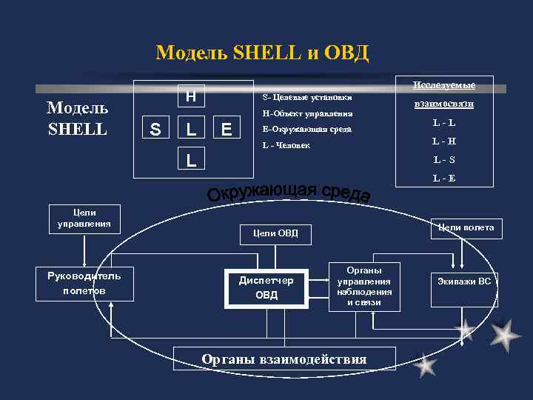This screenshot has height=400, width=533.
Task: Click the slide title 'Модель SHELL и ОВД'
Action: [x=262, y=53]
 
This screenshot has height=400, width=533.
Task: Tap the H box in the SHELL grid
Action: [x=191, y=96]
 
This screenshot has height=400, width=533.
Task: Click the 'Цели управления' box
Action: [x=84, y=216]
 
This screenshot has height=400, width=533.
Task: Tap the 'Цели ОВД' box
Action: [x=275, y=234]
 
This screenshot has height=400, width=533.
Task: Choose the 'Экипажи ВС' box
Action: [x=463, y=281]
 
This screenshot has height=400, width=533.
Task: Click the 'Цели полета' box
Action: [x=466, y=227]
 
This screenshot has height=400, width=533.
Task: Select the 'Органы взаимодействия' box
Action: [x=284, y=359]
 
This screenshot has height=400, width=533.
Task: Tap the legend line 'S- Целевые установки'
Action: [x=307, y=97]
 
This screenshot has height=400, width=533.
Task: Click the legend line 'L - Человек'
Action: [x=286, y=145]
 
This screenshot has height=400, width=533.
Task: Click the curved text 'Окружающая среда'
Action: [x=289, y=191]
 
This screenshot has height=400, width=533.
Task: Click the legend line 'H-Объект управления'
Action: [x=307, y=114]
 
